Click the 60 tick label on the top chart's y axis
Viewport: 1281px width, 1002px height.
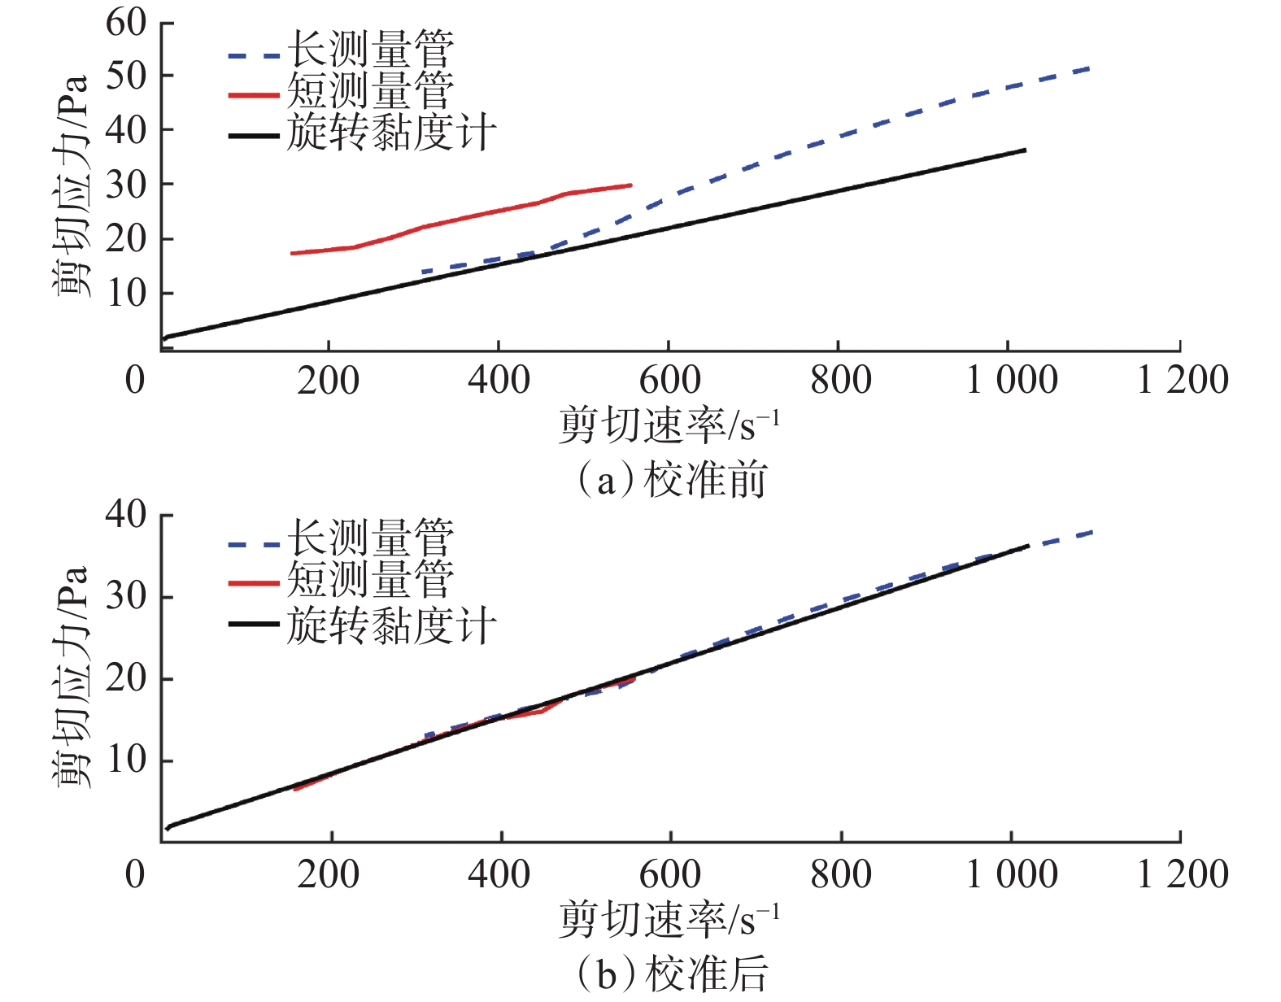pyautogui.click(x=126, y=23)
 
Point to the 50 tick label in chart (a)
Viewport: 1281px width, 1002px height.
pyautogui.click(x=126, y=76)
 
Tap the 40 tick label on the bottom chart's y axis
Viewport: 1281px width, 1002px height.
pyautogui.click(x=126, y=514)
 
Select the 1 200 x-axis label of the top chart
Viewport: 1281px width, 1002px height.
pyautogui.click(x=1182, y=380)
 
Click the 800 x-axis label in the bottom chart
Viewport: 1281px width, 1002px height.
pyautogui.click(x=841, y=874)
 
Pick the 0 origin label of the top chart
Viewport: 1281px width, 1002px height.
pyautogui.click(x=135, y=380)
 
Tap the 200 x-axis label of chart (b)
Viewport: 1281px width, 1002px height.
pyautogui.click(x=329, y=874)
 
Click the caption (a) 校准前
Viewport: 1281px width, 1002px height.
pyautogui.click(x=672, y=480)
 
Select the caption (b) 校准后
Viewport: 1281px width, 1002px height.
pyautogui.click(x=672, y=974)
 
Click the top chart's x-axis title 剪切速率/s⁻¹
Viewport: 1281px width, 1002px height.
pyautogui.click(x=669, y=426)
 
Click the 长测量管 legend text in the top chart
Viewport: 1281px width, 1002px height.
pyautogui.click(x=370, y=50)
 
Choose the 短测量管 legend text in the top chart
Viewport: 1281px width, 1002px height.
pyautogui.click(x=370, y=91)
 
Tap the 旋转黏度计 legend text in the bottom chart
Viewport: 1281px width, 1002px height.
pyautogui.click(x=391, y=626)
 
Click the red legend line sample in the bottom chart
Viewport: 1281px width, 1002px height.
pyautogui.click(x=254, y=583)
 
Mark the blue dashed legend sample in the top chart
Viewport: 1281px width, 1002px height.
pyautogui.click(x=254, y=56)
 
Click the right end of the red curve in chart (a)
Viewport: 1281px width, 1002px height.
pyautogui.click(x=630, y=185)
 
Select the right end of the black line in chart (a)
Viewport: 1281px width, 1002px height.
pyautogui.click(x=1025, y=150)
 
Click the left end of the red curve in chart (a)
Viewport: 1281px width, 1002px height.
pyautogui.click(x=292, y=254)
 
